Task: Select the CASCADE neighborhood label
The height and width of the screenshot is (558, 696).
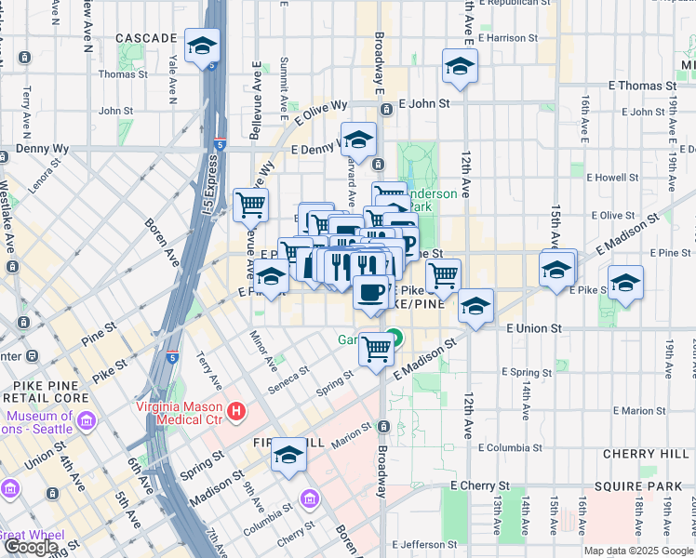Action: [146, 38]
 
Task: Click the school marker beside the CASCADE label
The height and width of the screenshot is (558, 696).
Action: [201, 46]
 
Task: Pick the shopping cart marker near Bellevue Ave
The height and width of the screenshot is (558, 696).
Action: [250, 204]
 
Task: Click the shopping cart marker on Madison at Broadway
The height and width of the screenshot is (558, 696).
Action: [377, 350]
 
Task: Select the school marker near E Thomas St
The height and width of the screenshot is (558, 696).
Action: [459, 66]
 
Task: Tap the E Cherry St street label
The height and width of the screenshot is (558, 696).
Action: [480, 485]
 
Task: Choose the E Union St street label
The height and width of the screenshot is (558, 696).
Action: [535, 328]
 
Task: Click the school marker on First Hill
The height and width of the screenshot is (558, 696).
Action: [289, 456]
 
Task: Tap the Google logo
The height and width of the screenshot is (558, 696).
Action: [32, 547]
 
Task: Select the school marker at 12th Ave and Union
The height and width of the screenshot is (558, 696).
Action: [475, 306]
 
